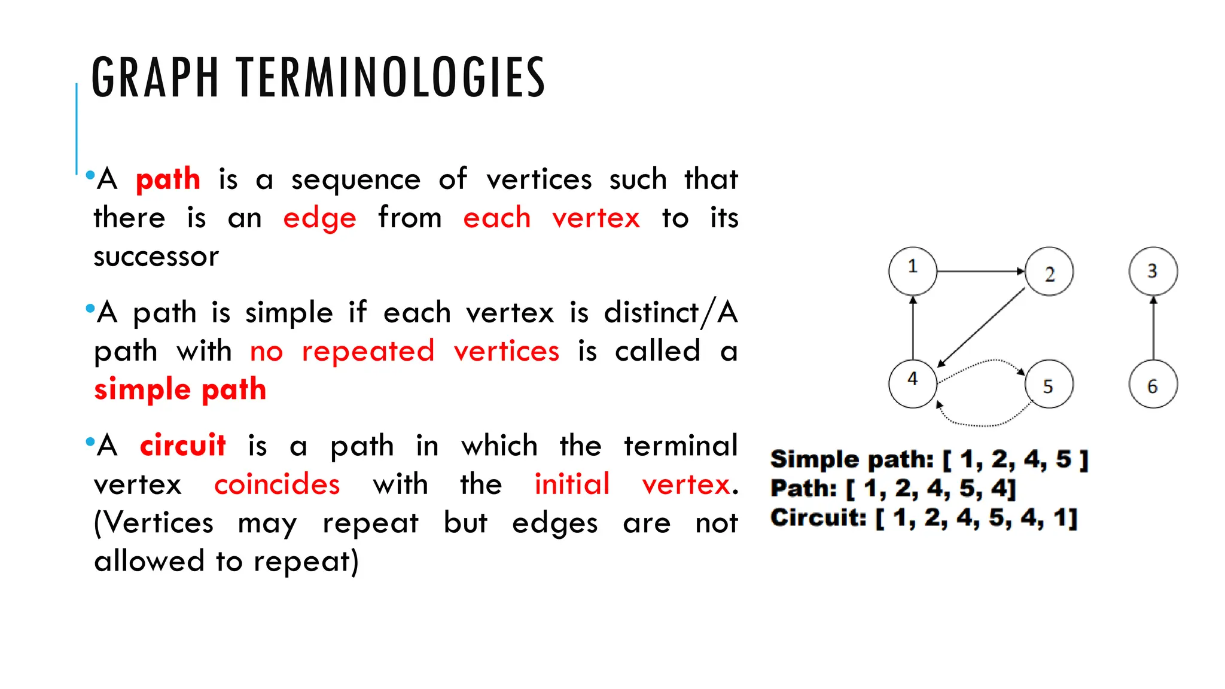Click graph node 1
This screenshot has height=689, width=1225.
[912, 271]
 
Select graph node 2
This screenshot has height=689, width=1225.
[1049, 272]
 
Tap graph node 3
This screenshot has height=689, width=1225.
[1153, 271]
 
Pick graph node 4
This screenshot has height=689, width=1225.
[912, 383]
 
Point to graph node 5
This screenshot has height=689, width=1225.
[1049, 384]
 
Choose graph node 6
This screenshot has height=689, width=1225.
[1153, 384]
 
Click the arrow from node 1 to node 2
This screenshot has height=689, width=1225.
[981, 272]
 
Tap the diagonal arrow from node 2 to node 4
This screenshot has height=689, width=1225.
[981, 328]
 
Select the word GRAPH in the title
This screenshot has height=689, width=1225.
[155, 78]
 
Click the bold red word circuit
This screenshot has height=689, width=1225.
[182, 446]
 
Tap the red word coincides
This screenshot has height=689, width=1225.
[277, 484]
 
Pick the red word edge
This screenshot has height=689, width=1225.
[319, 219]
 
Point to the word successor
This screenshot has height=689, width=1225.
[156, 257]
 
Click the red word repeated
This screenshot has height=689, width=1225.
[368, 352]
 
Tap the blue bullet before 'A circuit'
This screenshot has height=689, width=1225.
[90, 443]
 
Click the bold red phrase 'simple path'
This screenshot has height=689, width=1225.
[180, 390]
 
